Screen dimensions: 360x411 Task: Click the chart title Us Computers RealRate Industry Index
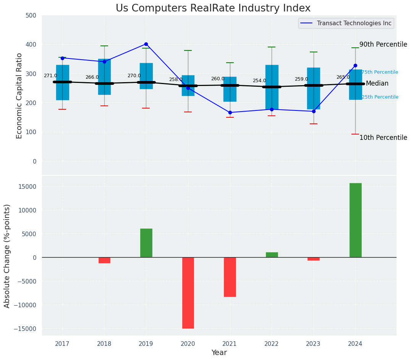pos(213,8)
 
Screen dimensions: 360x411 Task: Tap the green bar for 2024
pos(355,220)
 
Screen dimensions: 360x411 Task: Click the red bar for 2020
pos(188,293)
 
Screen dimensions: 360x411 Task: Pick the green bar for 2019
pos(146,243)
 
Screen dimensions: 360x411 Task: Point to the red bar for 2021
pos(230,277)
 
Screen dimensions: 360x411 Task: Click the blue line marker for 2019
pos(146,44)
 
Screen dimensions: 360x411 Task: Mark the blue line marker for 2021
pos(230,112)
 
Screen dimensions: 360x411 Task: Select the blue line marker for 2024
pos(355,65)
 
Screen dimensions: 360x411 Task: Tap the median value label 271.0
pos(50,76)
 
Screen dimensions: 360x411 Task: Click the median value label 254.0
pos(259,81)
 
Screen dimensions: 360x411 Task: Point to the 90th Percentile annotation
pos(383,44)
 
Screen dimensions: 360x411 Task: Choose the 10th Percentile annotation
pos(383,138)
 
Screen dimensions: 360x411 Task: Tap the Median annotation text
pos(377,83)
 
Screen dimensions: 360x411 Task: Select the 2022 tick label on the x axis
pos(272,344)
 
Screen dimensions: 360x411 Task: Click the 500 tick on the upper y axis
pos(32,15)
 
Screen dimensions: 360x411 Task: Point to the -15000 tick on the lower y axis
pos(24,329)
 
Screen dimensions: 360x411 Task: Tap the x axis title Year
pos(219,353)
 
